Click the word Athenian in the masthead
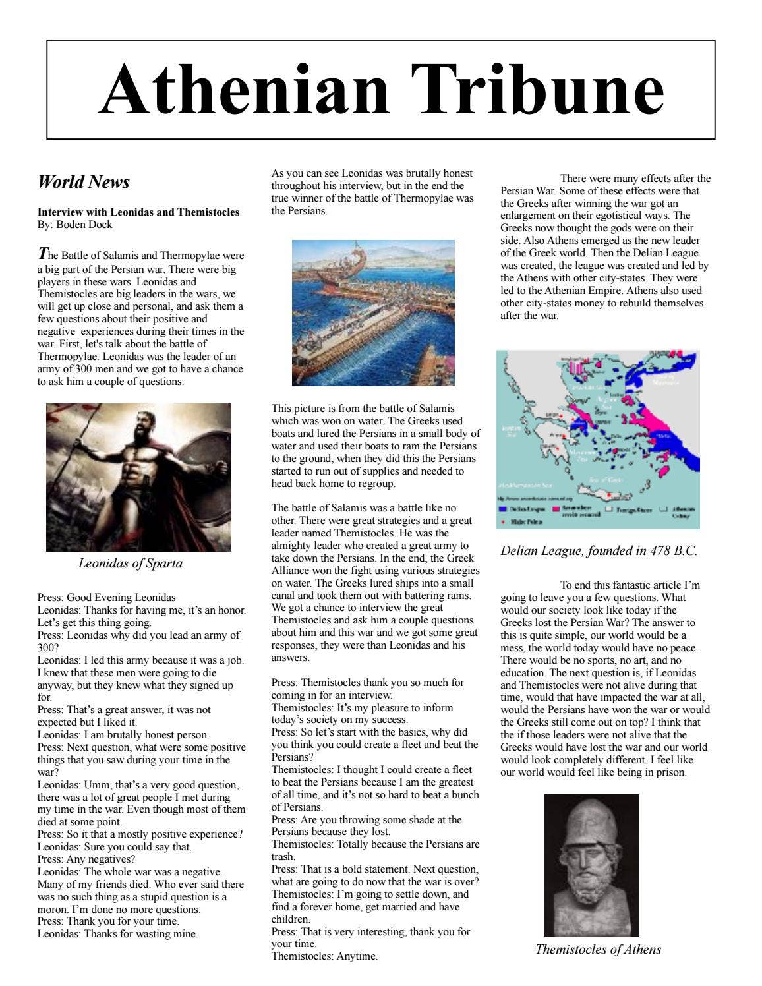(244, 90)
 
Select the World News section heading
(84, 182)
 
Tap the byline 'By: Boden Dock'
(74, 225)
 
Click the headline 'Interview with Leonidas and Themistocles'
(138, 212)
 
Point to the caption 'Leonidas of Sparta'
(130, 564)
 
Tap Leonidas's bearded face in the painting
(147, 432)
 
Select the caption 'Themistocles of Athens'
(598, 950)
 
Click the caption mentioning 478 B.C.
(598, 551)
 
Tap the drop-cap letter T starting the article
(43, 253)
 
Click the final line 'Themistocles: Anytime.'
(324, 956)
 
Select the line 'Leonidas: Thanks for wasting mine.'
(117, 934)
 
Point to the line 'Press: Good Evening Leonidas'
(106, 598)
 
